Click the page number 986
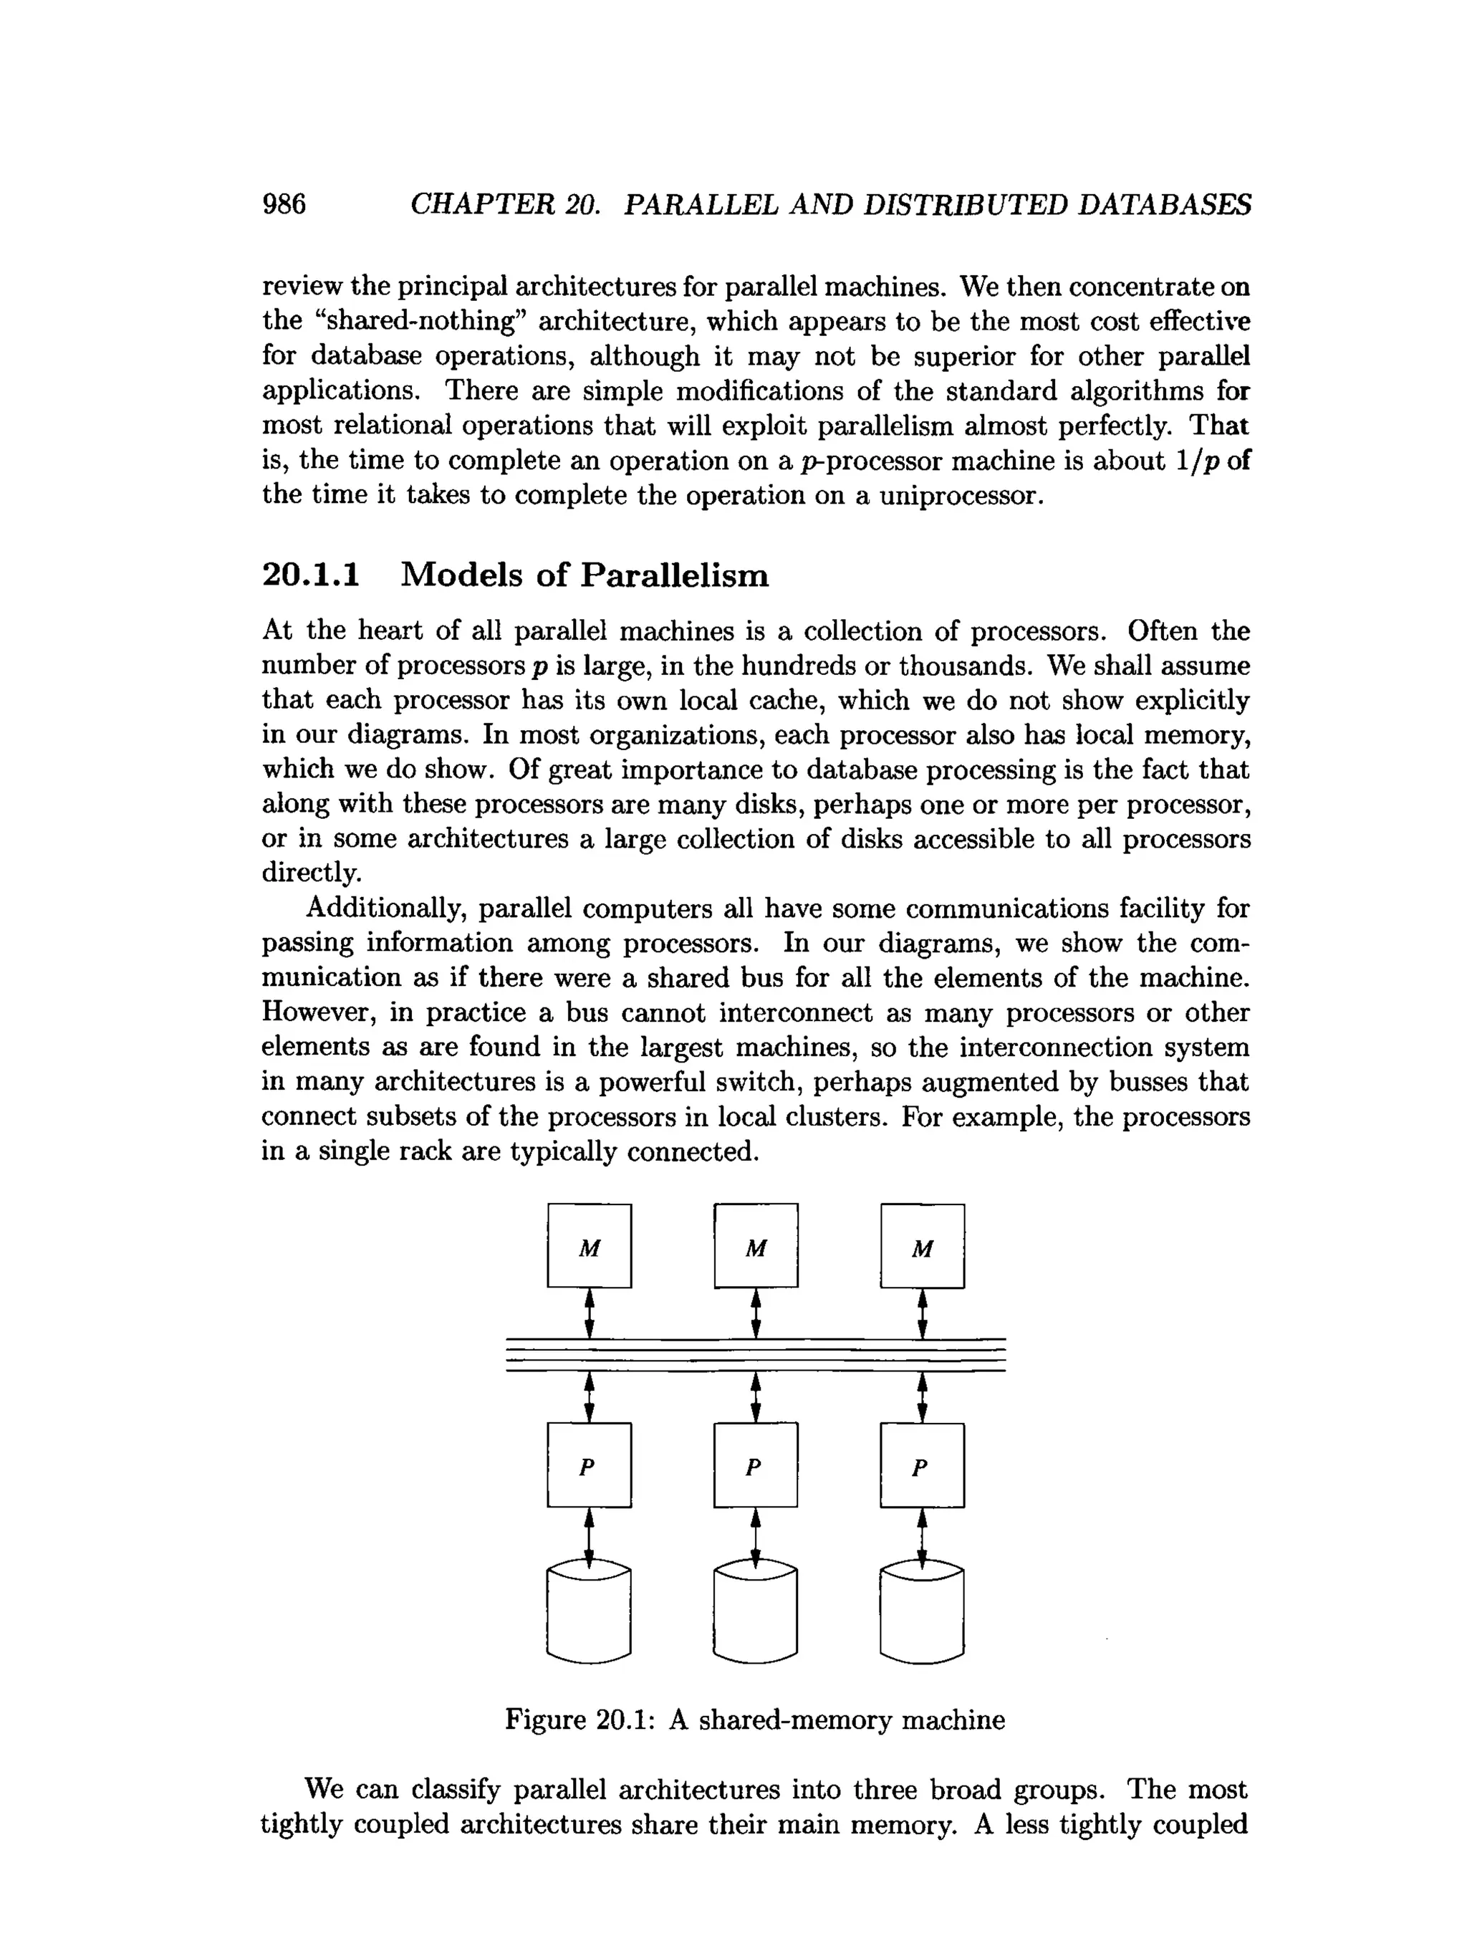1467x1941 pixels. [284, 204]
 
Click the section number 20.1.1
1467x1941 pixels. [312, 575]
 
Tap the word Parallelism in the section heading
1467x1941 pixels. [675, 575]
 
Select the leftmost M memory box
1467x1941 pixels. [589, 1245]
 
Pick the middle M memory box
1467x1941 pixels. [756, 1245]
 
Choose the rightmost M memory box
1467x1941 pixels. [922, 1245]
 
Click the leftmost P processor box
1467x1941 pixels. [589, 1465]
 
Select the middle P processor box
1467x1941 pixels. [756, 1465]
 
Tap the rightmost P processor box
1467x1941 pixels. [922, 1465]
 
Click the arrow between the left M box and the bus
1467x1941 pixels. [590, 1312]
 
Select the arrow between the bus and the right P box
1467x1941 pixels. [922, 1397]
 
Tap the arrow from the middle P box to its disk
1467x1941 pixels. [756, 1536]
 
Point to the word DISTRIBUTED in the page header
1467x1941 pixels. [965, 204]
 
